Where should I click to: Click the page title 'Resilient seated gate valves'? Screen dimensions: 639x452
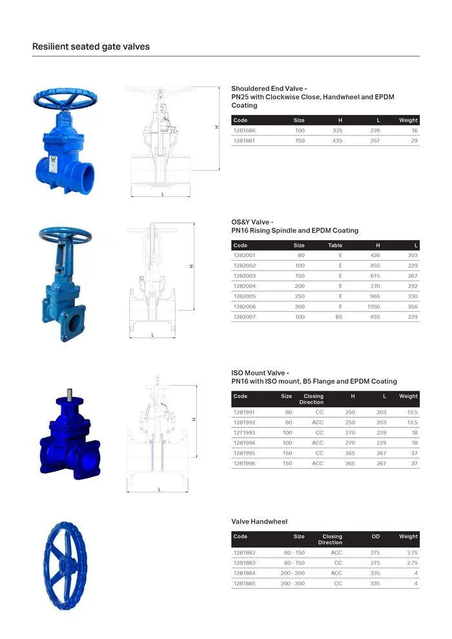pyautogui.click(x=91, y=46)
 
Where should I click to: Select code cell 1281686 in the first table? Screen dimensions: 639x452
pyautogui.click(x=244, y=130)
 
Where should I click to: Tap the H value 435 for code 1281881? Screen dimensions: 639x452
pyautogui.click(x=337, y=141)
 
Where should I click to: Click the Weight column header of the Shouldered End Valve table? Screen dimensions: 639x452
pyautogui.click(x=408, y=120)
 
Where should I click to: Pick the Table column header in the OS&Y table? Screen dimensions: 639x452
pyautogui.click(x=335, y=245)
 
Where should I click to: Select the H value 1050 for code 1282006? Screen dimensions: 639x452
pyautogui.click(x=373, y=307)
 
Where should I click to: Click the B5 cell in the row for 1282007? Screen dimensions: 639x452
pyautogui.click(x=338, y=317)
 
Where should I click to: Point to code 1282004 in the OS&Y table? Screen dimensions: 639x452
pyautogui.click(x=244, y=286)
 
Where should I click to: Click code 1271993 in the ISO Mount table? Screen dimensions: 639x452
pyautogui.click(x=244, y=432)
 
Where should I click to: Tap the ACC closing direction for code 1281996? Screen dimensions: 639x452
pyautogui.click(x=318, y=463)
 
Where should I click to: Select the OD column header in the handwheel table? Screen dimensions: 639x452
pyautogui.click(x=376, y=536)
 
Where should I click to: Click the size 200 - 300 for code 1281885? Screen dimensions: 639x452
pyautogui.click(x=293, y=583)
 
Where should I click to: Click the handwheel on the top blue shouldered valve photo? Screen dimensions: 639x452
pyautogui.click(x=65, y=98)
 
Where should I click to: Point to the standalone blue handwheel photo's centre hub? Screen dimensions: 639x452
pyautogui.click(x=64, y=566)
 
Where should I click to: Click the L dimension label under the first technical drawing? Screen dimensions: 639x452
pyautogui.click(x=162, y=194)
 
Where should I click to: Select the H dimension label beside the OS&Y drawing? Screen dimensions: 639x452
pyautogui.click(x=191, y=266)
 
